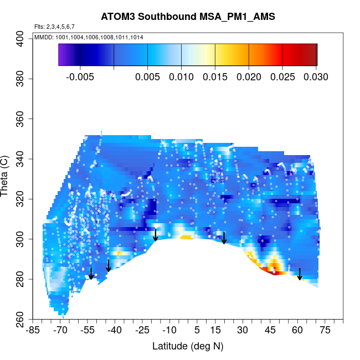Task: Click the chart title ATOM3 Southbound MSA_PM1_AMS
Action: pyautogui.click(x=188, y=17)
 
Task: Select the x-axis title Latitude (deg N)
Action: pyautogui.click(x=188, y=346)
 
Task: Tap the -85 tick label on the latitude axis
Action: pyautogui.click(x=33, y=331)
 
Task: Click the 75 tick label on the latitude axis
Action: pyautogui.click(x=325, y=331)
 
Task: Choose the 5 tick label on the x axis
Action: pyautogui.click(x=197, y=331)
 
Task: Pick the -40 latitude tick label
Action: pyautogui.click(x=115, y=331)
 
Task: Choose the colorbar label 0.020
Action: pyautogui.click(x=249, y=77)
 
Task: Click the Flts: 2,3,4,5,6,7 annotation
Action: pyautogui.click(x=54, y=27)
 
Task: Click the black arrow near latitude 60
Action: pyautogui.click(x=300, y=274)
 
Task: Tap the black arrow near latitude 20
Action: pyautogui.click(x=224, y=238)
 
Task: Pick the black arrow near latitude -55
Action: pyautogui.click(x=91, y=274)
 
